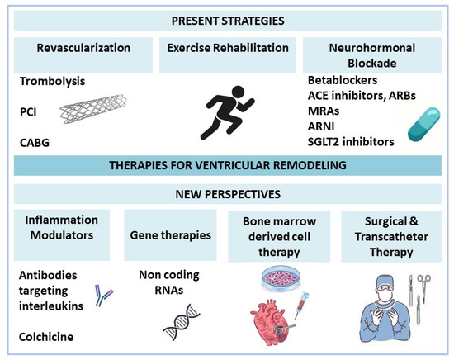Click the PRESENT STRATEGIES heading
[227, 18]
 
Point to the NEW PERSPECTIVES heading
[227, 197]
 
